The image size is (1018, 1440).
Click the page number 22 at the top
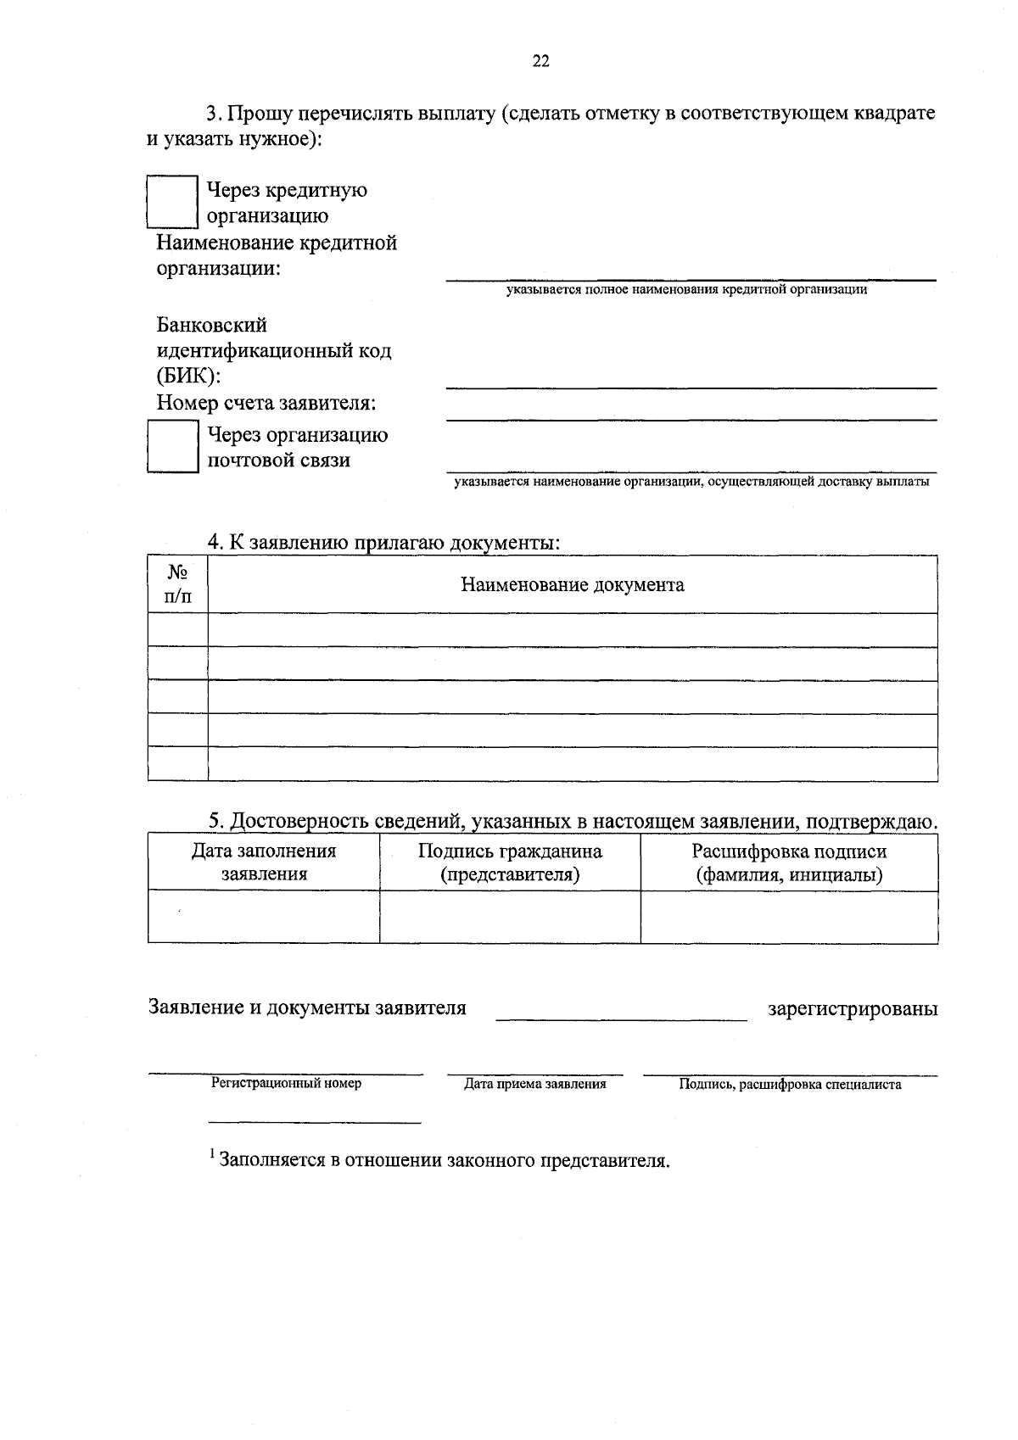coord(540,61)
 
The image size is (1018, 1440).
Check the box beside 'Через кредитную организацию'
coord(172,202)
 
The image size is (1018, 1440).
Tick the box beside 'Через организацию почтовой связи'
coord(172,446)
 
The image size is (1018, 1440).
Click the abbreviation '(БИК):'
coord(188,377)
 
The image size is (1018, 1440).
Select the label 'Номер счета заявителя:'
coord(266,404)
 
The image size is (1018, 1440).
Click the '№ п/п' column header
coord(177,584)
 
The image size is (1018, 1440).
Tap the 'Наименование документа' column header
coord(573,585)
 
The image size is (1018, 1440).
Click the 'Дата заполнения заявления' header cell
coord(264,862)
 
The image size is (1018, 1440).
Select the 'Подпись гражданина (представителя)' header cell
coord(510,862)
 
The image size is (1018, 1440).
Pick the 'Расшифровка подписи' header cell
coord(789,862)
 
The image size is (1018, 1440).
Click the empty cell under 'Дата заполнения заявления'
coord(264,917)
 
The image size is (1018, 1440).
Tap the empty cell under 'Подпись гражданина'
coord(510,917)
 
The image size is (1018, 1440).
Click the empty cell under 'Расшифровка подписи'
coord(789,917)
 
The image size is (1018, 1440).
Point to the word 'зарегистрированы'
coord(853,1009)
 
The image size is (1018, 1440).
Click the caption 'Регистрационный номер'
coord(286,1084)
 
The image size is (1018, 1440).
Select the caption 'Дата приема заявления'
coord(534,1084)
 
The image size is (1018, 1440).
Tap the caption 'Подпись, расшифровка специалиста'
coord(790,1085)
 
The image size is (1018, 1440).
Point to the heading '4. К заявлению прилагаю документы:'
coord(384,543)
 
